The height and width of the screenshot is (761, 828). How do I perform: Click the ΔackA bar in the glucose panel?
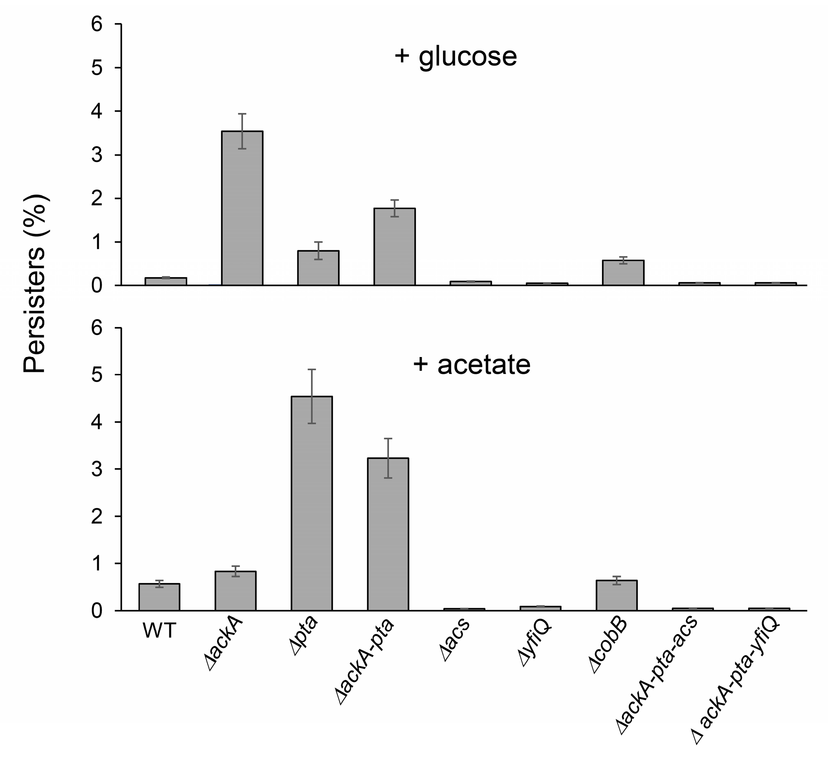point(242,208)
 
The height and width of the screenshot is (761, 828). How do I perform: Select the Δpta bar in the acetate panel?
point(312,503)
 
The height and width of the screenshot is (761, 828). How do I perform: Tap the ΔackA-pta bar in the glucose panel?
point(394,247)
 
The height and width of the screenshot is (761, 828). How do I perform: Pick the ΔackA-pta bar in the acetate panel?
point(388,534)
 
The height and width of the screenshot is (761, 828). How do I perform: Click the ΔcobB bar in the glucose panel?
point(623,273)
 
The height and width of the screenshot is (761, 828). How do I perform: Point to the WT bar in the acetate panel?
point(159,597)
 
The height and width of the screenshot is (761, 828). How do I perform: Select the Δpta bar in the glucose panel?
point(318,268)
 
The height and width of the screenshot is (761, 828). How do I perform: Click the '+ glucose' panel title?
point(455,56)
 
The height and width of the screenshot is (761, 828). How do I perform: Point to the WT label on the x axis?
point(159,630)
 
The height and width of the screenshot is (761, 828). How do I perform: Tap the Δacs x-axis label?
point(456,641)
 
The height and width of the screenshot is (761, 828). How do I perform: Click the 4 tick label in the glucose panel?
point(97,112)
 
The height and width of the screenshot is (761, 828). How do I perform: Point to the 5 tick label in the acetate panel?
point(97,375)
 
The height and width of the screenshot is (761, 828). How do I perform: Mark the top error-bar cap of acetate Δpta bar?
point(312,369)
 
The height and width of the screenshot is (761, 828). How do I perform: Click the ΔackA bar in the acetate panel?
point(236,591)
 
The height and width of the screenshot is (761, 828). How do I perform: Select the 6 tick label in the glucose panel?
point(97,25)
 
